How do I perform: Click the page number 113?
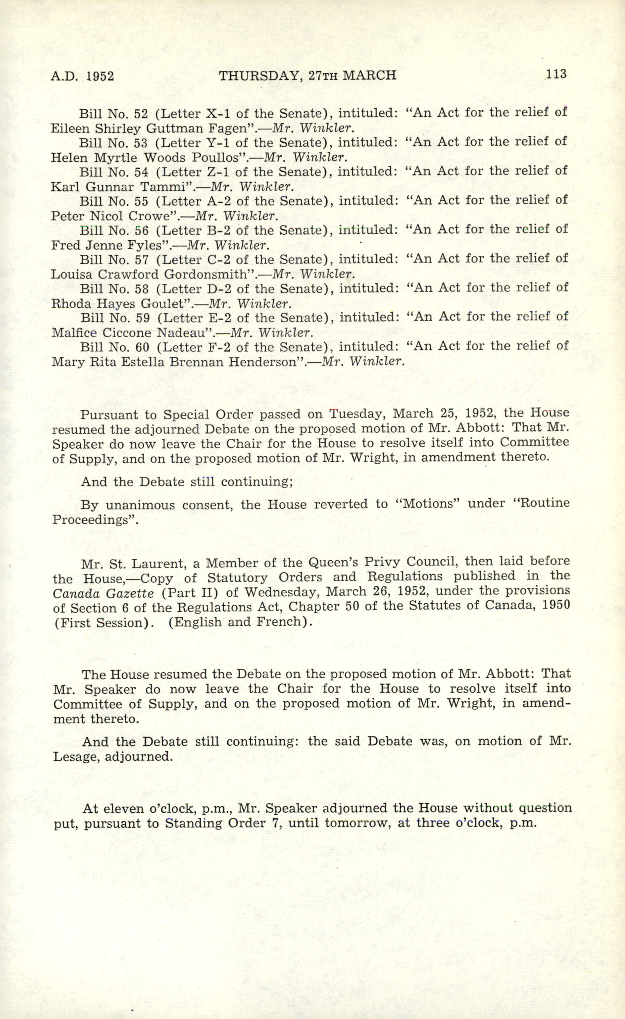click(556, 74)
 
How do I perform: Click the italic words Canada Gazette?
click(103, 593)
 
